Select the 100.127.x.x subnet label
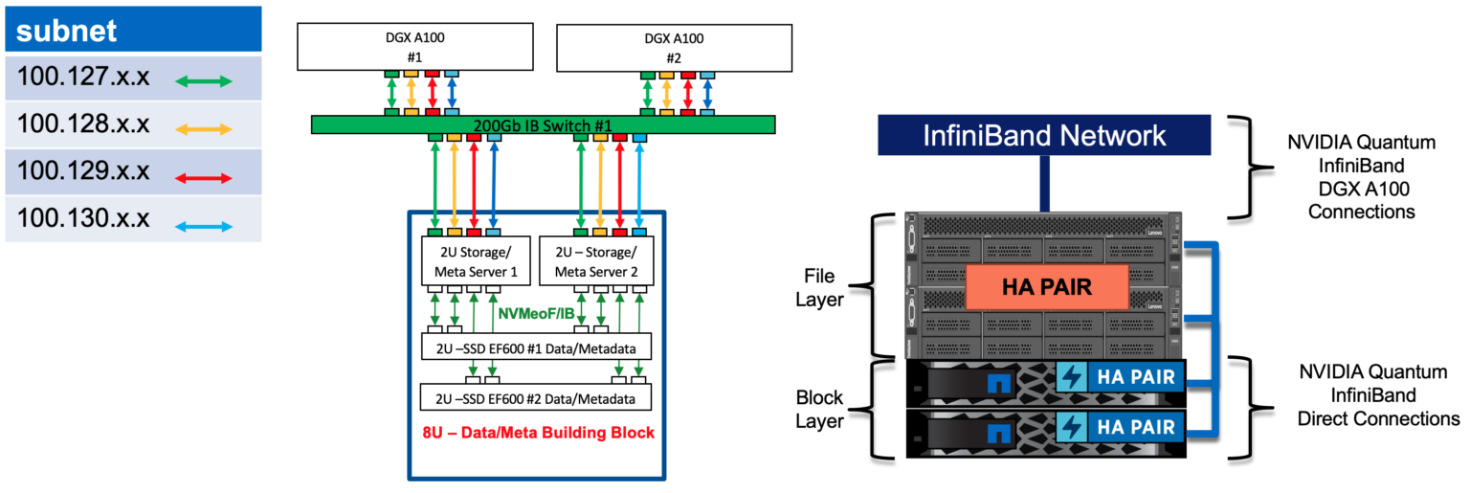click(83, 78)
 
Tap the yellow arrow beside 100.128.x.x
click(205, 128)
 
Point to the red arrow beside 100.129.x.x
click(205, 177)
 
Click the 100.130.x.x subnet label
click(83, 219)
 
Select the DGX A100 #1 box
click(414, 47)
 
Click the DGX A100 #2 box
click(675, 47)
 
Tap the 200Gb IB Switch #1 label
click(543, 125)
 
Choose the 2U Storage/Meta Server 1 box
click(476, 262)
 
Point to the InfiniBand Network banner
click(1044, 135)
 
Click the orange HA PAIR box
click(1045, 286)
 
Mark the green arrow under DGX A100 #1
click(391, 94)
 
